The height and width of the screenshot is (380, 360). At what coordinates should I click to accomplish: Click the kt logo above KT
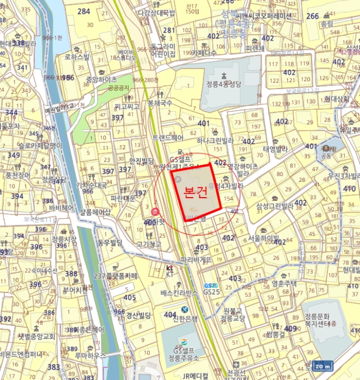click(169, 268)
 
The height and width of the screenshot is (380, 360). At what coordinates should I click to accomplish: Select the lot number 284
click(84, 11)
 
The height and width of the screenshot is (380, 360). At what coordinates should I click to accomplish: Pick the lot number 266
click(313, 16)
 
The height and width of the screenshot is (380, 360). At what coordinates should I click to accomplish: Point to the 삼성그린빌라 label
click(275, 206)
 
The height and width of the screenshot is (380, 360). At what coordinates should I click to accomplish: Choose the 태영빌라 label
click(275, 149)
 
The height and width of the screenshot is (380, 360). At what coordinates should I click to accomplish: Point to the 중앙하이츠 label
click(101, 79)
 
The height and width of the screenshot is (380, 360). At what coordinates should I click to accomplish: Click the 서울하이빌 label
click(264, 238)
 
